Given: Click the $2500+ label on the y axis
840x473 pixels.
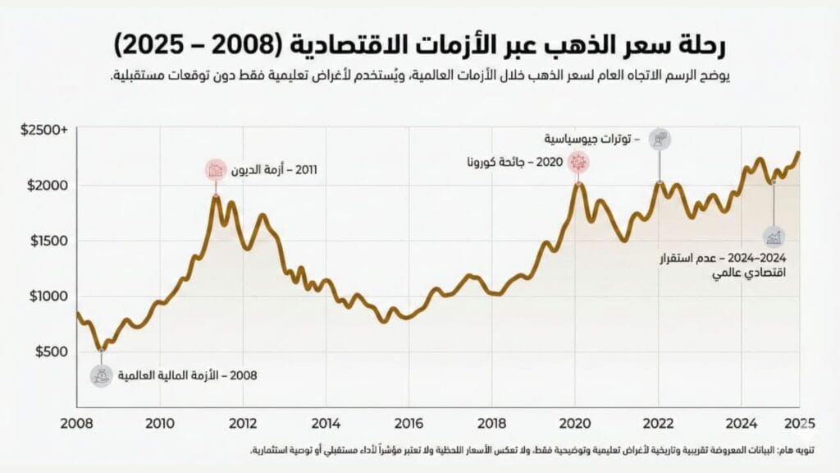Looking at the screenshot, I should point(44,130).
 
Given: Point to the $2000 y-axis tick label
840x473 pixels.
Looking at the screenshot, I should point(48,186).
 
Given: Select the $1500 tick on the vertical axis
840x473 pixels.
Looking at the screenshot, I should point(48,241).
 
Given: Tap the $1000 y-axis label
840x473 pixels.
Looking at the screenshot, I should point(48,296).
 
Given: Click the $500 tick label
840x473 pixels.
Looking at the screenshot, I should point(52,351).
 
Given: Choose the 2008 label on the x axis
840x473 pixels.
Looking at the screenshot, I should point(77,424).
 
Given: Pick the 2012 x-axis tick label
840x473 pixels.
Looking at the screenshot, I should point(243,424).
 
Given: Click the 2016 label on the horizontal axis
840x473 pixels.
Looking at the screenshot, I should point(409,424).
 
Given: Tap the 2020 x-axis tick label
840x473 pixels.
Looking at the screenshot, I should point(574,424).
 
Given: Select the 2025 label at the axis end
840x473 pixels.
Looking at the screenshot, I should point(799,424).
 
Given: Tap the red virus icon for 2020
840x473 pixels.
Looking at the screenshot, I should point(578,162).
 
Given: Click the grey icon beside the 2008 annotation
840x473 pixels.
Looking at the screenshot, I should point(102,375).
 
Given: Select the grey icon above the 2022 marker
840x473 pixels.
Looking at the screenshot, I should point(660,139).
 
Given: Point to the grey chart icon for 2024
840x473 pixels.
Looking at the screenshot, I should point(774,237).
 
